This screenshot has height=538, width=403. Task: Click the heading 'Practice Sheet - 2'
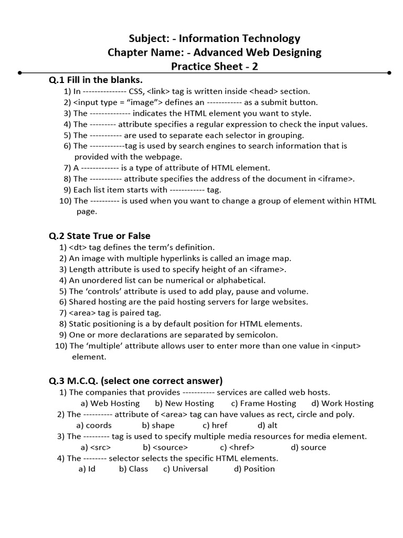point(215,66)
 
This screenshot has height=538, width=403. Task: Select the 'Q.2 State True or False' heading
point(99,236)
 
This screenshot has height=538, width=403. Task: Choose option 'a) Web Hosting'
point(110,403)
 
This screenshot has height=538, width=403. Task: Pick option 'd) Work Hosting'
point(342,403)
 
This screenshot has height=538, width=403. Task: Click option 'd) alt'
point(267,426)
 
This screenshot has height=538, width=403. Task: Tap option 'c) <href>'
point(237,448)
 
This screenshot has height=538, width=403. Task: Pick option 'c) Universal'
point(185,469)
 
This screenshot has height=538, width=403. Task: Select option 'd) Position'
point(254,469)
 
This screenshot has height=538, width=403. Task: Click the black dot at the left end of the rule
point(19,73)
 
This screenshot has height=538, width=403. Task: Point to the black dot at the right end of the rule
point(389,73)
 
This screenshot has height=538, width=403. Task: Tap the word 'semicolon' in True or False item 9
point(259,335)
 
